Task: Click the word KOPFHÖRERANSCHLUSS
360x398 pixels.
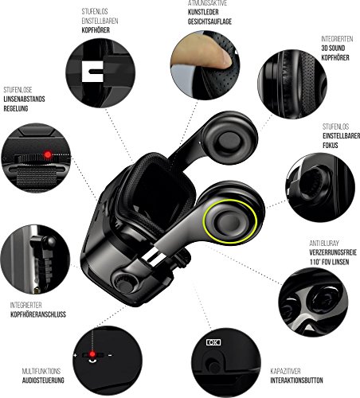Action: tap(38, 314)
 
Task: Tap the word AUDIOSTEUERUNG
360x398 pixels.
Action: tap(43, 380)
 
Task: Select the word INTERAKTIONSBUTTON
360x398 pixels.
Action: tap(296, 380)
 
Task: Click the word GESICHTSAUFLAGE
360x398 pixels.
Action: tap(209, 21)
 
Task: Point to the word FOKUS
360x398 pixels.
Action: tap(331, 146)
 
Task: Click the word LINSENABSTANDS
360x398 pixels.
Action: tap(24, 99)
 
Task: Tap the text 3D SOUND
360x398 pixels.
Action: tap(333, 49)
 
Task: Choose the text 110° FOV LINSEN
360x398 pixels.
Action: tap(329, 262)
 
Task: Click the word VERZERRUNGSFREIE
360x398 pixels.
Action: tap(333, 252)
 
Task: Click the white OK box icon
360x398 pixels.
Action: tap(213, 342)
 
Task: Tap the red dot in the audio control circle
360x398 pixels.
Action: tap(92, 353)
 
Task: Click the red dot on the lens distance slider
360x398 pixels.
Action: tap(48, 154)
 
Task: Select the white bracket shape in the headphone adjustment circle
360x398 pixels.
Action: tap(92, 72)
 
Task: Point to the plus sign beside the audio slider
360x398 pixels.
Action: tap(75, 355)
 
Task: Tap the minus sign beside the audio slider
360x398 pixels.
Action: tap(110, 355)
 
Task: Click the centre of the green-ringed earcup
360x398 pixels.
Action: tap(229, 221)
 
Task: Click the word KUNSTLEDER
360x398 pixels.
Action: tap(203, 12)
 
